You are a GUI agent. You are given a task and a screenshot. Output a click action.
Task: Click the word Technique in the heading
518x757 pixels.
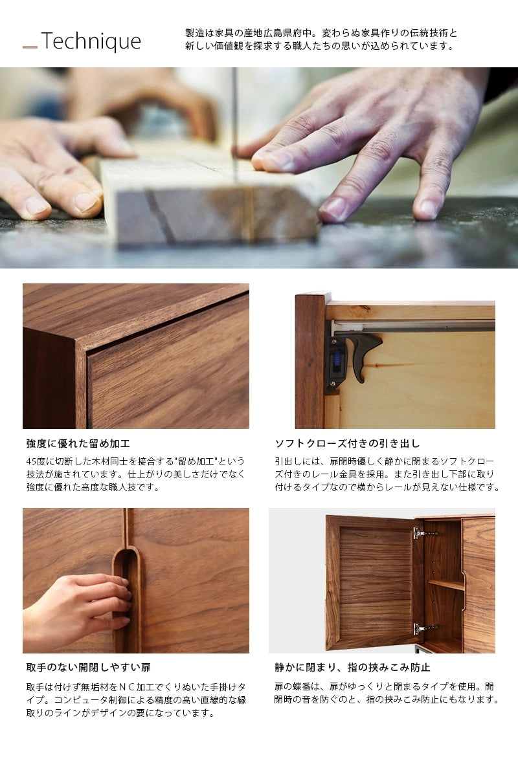91,41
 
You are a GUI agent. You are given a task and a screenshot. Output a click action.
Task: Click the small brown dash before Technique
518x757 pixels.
30,47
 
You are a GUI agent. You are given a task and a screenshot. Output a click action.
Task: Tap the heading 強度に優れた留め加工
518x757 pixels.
78,444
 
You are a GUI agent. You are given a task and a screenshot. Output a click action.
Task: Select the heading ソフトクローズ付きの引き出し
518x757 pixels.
347,444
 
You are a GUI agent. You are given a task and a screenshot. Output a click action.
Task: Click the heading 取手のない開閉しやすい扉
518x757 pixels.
88,667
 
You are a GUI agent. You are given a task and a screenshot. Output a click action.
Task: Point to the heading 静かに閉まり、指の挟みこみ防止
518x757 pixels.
352,667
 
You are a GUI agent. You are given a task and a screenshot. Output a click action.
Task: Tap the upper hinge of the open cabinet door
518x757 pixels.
424,533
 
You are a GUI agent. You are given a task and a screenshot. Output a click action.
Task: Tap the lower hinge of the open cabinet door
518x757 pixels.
424,628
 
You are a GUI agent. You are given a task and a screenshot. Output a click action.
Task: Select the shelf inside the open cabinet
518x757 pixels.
445,584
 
